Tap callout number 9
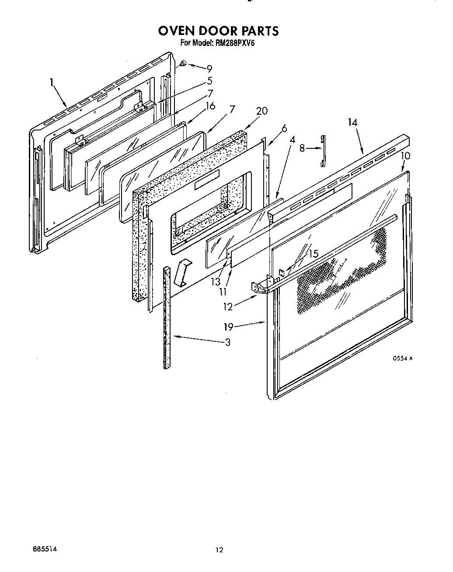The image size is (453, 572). [x=209, y=69]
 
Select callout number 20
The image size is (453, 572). [x=261, y=111]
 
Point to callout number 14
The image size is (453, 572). [x=352, y=123]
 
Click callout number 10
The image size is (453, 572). [x=405, y=156]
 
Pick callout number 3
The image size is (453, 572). [x=227, y=342]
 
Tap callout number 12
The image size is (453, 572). [x=228, y=307]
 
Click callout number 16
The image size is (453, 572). [x=210, y=106]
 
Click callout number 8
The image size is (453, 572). [x=302, y=148]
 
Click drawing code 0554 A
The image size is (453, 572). [x=402, y=358]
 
